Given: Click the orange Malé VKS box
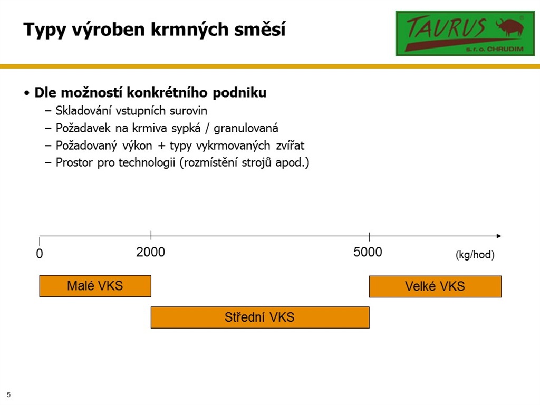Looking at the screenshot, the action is (x=95, y=286).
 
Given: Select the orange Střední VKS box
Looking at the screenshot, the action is (x=260, y=317).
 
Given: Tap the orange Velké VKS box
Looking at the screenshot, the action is (x=435, y=286).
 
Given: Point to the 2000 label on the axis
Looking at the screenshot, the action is (x=150, y=252).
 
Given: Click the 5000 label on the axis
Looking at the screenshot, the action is (x=368, y=252).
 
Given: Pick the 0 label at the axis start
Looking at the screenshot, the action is (x=40, y=254).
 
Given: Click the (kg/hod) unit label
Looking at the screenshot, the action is (x=475, y=255).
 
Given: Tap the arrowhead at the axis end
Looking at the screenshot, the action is (x=499, y=236).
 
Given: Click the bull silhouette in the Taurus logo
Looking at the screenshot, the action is (x=510, y=27).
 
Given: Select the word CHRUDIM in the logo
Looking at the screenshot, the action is (x=505, y=49).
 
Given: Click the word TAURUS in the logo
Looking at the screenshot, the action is (x=447, y=27).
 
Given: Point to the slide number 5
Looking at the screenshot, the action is (x=8, y=394).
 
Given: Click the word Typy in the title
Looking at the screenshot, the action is (x=45, y=30).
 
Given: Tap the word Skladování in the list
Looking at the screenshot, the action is (x=83, y=111).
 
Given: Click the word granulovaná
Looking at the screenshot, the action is (x=246, y=129).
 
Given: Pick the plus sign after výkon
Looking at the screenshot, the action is (x=161, y=146).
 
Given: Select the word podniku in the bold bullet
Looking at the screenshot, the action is (x=240, y=93).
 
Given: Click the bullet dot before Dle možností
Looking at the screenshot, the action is (x=26, y=93).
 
